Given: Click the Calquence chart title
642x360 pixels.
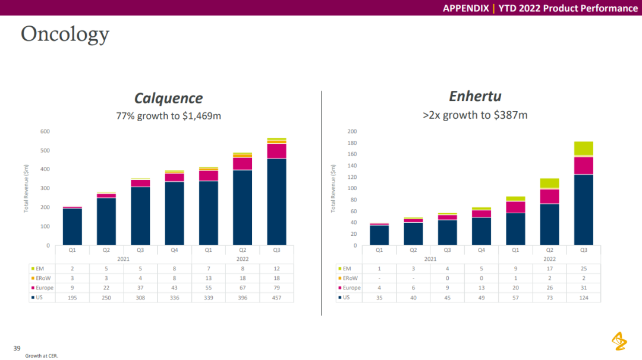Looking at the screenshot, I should (x=168, y=98).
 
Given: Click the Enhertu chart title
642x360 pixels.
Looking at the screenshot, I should (x=474, y=96).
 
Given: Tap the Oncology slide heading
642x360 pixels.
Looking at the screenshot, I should (x=65, y=34).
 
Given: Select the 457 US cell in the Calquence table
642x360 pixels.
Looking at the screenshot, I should (x=276, y=297).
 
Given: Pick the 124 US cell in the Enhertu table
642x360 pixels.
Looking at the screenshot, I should (x=583, y=297).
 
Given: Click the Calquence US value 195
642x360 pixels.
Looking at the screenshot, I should (x=72, y=297).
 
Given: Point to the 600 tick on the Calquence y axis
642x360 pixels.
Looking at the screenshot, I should (x=45, y=131).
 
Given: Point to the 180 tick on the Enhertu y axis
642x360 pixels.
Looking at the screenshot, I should (x=352, y=143).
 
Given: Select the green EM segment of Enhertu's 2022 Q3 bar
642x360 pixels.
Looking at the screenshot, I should (x=583, y=149).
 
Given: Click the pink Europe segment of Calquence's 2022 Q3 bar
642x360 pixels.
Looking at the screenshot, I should (x=276, y=151).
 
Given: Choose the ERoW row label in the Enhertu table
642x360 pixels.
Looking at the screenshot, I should (x=350, y=278).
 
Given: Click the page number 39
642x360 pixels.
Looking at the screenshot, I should (x=17, y=347).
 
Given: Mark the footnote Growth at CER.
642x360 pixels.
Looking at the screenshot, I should (x=42, y=356).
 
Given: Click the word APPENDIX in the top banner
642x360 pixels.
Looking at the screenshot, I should (x=466, y=8).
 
